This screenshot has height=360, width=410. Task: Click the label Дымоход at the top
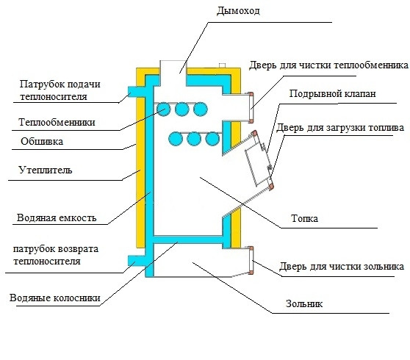click(x=238, y=11)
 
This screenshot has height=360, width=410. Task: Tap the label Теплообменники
click(x=57, y=122)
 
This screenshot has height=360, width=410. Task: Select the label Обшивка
click(x=42, y=142)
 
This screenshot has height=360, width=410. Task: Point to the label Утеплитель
click(x=46, y=170)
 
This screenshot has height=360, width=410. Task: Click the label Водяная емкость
click(x=57, y=217)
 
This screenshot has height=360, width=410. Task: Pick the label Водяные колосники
click(x=55, y=298)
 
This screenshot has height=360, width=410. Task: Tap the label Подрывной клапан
click(x=332, y=93)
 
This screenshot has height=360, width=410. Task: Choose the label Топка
click(x=304, y=218)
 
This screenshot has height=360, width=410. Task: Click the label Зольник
click(x=304, y=303)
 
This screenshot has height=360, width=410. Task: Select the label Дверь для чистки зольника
click(x=342, y=267)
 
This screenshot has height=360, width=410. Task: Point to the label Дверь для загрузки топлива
click(x=340, y=128)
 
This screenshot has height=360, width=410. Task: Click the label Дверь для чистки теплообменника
click(x=328, y=65)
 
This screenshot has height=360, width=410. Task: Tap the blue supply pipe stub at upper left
click(x=136, y=92)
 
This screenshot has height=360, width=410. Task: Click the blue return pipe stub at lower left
click(x=136, y=260)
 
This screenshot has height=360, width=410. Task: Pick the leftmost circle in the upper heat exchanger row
click(x=163, y=109)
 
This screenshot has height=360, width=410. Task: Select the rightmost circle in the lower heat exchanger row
click(x=212, y=139)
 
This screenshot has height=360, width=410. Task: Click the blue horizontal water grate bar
click(x=188, y=240)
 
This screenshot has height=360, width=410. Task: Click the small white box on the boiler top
click(x=222, y=65)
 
